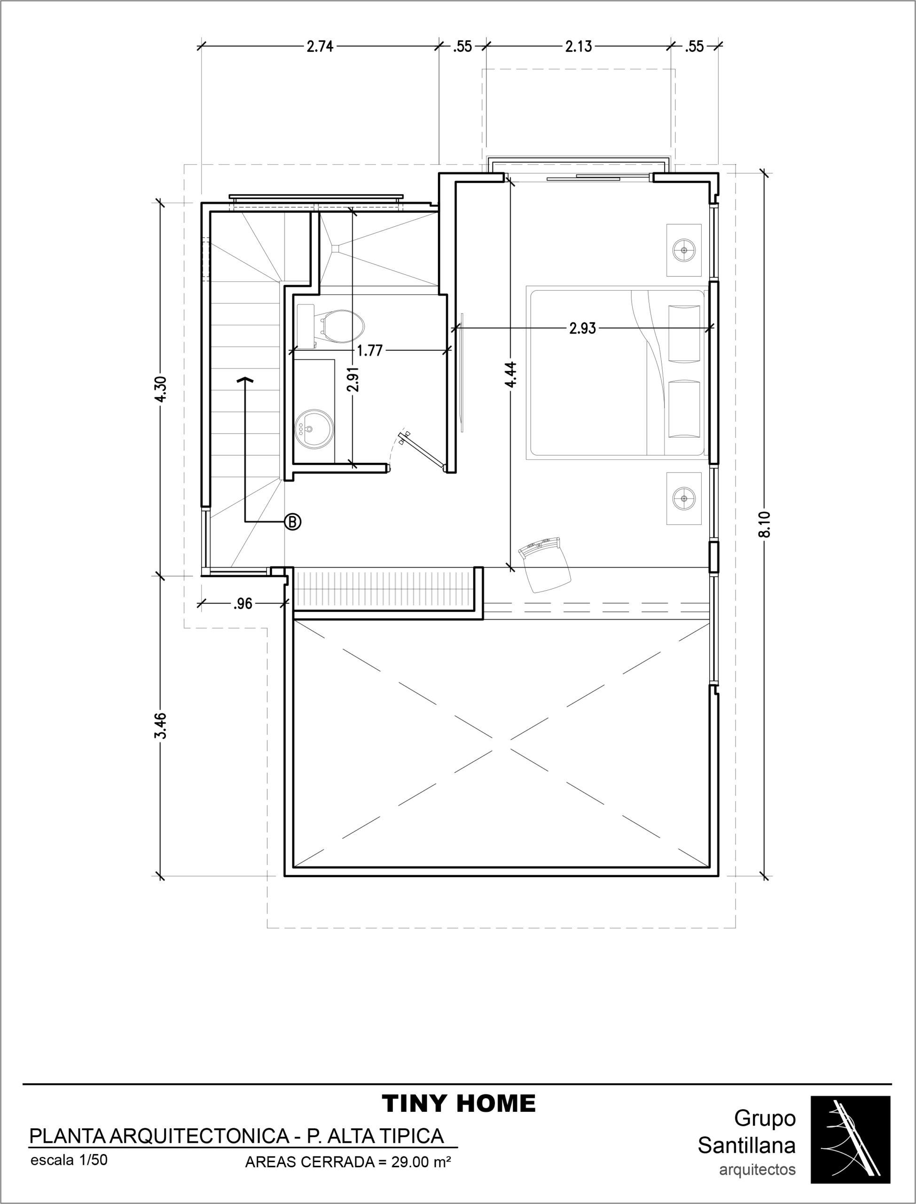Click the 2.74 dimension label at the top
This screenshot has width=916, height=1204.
click(320, 47)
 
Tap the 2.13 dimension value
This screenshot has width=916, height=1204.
click(579, 47)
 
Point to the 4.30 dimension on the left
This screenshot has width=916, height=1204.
click(160, 389)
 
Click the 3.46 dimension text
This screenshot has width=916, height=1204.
click(160, 725)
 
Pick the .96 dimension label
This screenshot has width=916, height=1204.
click(243, 603)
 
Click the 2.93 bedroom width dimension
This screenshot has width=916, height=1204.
click(583, 328)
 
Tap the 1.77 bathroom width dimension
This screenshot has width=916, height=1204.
click(370, 350)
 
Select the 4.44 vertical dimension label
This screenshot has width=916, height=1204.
click(511, 375)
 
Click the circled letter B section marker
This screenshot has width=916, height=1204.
click(293, 522)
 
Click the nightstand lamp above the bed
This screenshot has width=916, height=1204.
click(684, 250)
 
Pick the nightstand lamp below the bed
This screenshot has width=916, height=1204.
click(684, 498)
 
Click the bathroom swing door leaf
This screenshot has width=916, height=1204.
click(423, 450)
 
